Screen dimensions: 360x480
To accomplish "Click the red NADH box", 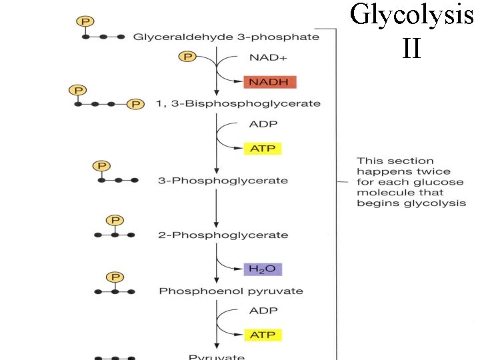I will click(269, 82).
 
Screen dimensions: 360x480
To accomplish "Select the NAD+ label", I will click(268, 58).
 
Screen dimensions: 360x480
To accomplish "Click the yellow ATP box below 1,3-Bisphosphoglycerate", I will click(263, 148).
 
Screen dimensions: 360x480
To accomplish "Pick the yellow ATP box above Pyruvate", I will click(263, 334).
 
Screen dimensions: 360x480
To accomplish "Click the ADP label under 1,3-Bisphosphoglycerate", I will click(263, 124).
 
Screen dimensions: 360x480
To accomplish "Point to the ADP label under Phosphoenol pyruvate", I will click(263, 311).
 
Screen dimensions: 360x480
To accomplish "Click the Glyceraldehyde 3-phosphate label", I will click(226, 37).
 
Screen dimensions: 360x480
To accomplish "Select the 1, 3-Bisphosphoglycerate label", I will click(237, 103).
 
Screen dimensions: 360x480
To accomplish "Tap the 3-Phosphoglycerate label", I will click(223, 181).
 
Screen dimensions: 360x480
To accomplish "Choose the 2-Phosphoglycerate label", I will click(223, 235).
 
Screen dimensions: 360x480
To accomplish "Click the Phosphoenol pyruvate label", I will click(231, 291).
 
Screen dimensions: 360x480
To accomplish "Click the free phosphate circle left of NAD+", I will click(187, 57).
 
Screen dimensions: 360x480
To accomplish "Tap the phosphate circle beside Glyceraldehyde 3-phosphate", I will click(86, 22).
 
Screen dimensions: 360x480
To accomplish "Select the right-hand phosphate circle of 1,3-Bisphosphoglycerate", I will click(136, 104).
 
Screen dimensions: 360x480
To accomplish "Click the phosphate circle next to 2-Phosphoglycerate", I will click(115, 221).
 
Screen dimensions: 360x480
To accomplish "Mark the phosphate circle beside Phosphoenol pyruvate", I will click(115, 277).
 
